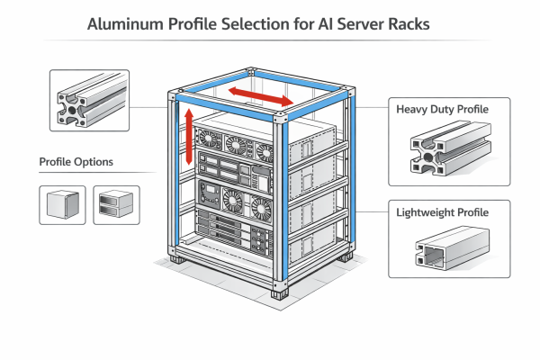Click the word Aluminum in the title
coord(125,24)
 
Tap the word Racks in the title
coord(402,24)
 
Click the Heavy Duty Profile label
coord(442,110)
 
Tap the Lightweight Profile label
coord(442,212)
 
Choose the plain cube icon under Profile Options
coord(61,204)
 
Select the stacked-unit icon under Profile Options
coord(116,204)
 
